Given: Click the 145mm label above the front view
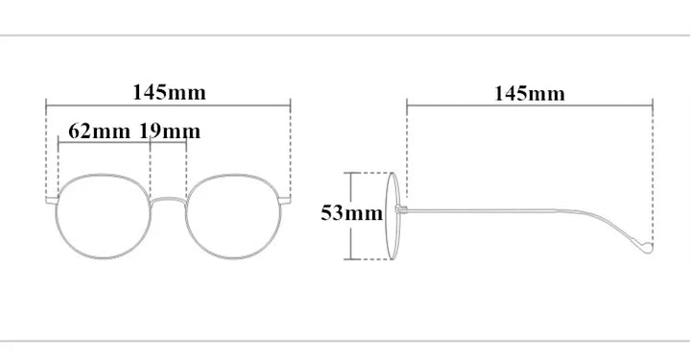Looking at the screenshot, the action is [169, 92].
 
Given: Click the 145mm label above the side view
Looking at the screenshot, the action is [529, 93].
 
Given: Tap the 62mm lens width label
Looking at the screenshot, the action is [99, 131].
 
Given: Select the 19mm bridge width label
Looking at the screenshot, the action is [170, 131].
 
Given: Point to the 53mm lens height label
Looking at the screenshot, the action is [351, 213].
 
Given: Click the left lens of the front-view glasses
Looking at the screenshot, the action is [57, 216].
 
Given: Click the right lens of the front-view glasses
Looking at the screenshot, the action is [280, 216].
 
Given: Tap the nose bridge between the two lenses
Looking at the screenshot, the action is [168, 199].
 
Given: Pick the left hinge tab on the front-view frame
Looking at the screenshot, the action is [52, 201].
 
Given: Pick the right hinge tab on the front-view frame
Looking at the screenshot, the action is [285, 201].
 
